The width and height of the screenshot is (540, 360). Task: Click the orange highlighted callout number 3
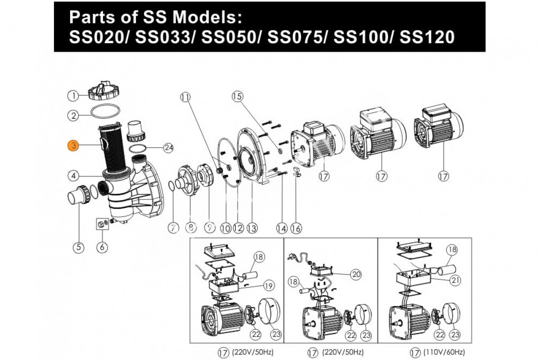point(73,145)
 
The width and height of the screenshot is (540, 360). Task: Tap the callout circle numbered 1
point(73,96)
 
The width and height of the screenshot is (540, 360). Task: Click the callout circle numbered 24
point(168,147)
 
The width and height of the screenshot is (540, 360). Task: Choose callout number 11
point(185,97)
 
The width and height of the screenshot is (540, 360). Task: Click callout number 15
point(238,96)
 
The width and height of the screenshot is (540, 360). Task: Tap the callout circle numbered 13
point(252,228)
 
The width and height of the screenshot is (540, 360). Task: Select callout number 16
point(296,228)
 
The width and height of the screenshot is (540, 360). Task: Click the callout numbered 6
point(102,247)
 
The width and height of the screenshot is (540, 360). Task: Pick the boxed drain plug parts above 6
point(102,224)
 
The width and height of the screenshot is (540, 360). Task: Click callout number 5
point(79,247)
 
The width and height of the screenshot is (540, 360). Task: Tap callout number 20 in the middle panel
point(356,274)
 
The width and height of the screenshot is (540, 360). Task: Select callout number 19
point(269,286)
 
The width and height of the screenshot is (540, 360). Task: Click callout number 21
point(455,280)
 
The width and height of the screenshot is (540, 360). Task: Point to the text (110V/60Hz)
point(444,352)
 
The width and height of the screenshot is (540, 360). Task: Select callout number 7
point(173,228)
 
